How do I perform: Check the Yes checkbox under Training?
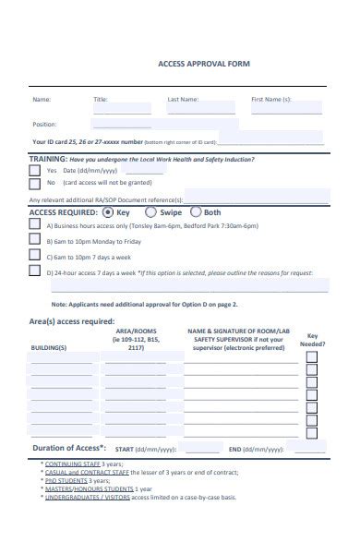pyautogui.click(x=36, y=171)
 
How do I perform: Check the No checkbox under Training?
pyautogui.click(x=36, y=183)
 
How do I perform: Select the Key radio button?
pyautogui.click(x=108, y=211)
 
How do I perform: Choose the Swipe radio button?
pyautogui.click(x=151, y=211)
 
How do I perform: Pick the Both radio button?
pyautogui.click(x=195, y=211)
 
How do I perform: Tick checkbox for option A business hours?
pyautogui.click(x=35, y=224)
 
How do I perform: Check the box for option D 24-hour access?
pyautogui.click(x=35, y=271)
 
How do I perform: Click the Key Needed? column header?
pyautogui.click(x=312, y=340)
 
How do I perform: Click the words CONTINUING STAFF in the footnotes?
pyautogui.click(x=72, y=464)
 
